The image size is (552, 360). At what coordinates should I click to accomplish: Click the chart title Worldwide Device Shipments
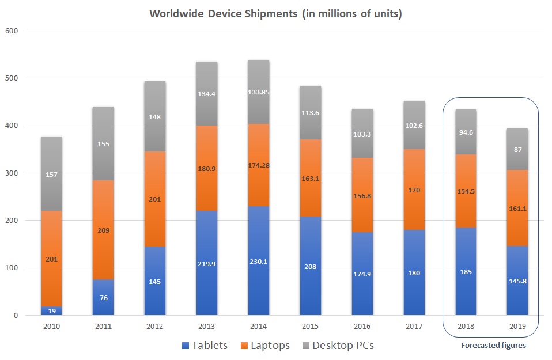(x=275, y=14)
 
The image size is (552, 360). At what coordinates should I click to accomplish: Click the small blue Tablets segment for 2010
(x=51, y=311)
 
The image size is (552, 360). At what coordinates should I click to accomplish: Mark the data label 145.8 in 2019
(x=517, y=272)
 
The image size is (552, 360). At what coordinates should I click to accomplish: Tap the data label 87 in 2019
(x=517, y=149)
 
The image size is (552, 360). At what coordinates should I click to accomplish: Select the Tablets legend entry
(x=205, y=346)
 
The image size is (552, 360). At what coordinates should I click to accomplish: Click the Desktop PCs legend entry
(x=340, y=346)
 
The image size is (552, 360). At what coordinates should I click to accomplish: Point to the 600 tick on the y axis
(x=12, y=31)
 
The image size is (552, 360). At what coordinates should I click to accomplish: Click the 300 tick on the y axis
(x=12, y=173)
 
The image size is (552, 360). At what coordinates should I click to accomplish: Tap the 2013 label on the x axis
(x=207, y=326)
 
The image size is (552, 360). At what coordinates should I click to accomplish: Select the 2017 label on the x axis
(x=414, y=326)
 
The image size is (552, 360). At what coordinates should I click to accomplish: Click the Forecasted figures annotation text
(x=493, y=346)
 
